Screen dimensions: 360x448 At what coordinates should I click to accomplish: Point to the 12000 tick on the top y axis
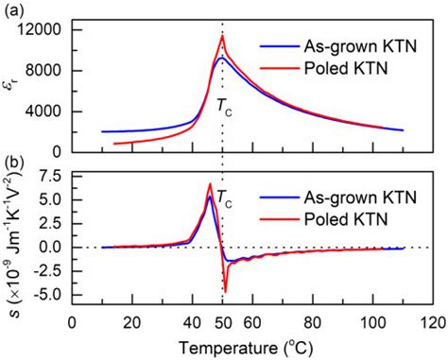41,30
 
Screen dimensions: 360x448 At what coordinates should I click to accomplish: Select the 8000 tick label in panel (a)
44,71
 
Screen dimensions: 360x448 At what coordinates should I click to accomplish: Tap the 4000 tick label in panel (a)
44,111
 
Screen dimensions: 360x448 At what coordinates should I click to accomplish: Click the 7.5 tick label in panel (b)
48,176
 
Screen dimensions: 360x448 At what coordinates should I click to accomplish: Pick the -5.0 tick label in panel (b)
45,294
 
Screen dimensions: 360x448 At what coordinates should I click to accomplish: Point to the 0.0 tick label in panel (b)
48,247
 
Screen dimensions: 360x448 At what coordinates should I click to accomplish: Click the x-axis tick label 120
434,321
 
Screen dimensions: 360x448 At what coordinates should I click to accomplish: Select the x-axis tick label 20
132,321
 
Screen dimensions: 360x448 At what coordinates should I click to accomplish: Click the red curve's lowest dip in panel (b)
225,291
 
